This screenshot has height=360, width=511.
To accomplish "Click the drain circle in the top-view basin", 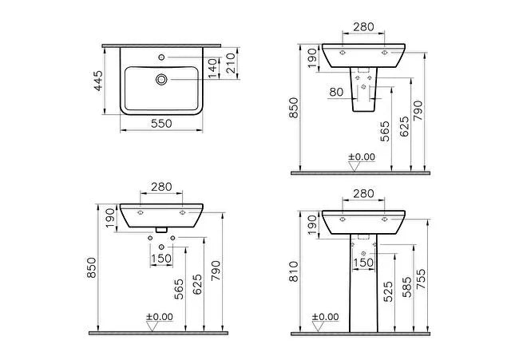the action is point(161,79).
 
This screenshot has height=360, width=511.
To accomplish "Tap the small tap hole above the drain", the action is point(161,57).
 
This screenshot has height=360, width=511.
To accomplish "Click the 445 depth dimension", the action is point(98,81).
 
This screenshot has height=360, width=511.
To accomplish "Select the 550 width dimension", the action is point(161,124).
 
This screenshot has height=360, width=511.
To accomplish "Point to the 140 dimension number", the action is point(212,69).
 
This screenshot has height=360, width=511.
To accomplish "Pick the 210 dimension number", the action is point(231,63).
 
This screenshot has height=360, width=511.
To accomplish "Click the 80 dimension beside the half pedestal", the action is point(336,92).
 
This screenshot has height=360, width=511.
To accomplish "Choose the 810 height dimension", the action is point(294,271).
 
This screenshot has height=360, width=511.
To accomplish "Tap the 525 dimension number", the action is point(388,291).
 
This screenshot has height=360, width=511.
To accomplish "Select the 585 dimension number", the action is point(406,287).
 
